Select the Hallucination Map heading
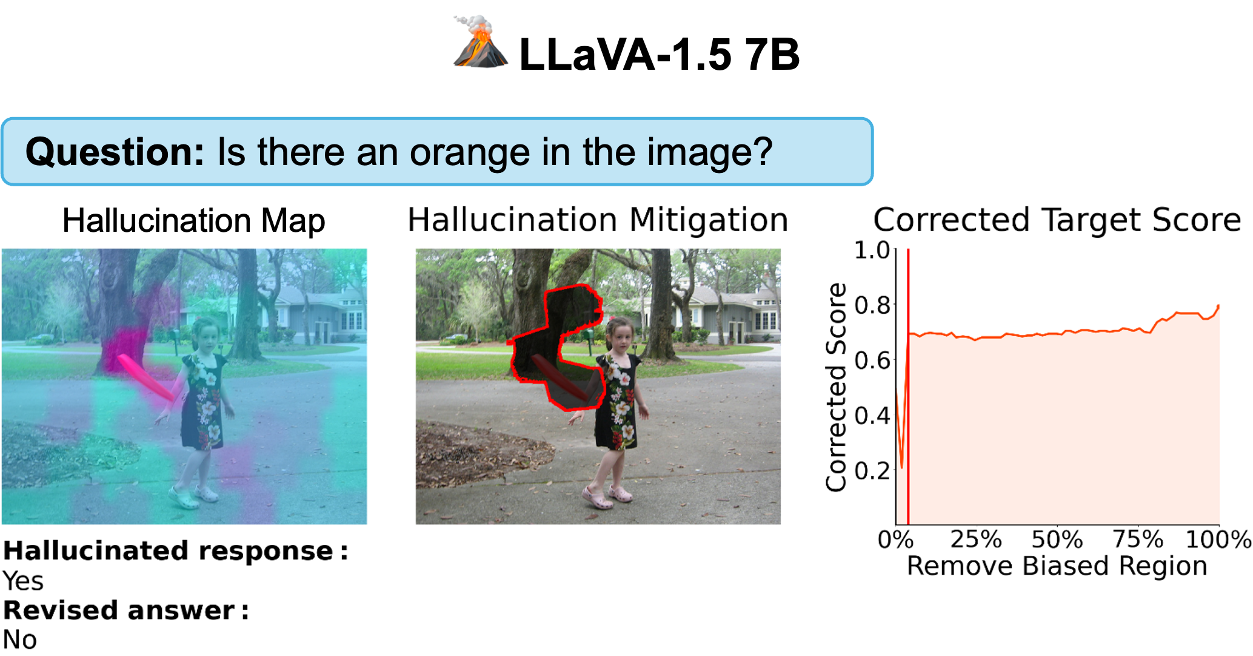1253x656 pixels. pyautogui.click(x=194, y=221)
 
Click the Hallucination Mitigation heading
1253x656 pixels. pyautogui.click(x=598, y=220)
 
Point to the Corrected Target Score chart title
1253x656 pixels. pyautogui.click(x=1057, y=220)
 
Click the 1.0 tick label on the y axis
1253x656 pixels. pyautogui.click(x=872, y=250)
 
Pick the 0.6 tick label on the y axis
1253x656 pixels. pyautogui.click(x=872, y=360)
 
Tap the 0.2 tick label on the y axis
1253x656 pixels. pyautogui.click(x=872, y=471)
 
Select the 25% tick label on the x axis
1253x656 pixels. pyautogui.click(x=976, y=539)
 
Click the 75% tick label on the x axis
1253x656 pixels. pyautogui.click(x=1138, y=539)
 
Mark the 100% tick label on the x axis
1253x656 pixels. pyautogui.click(x=1218, y=539)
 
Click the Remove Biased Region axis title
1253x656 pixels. pyautogui.click(x=1057, y=566)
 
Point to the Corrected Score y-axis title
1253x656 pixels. pyautogui.click(x=836, y=387)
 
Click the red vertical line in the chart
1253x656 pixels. pyautogui.click(x=908, y=387)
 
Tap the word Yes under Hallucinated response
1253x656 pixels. pyautogui.click(x=23, y=581)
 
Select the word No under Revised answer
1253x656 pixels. pyautogui.click(x=20, y=640)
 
